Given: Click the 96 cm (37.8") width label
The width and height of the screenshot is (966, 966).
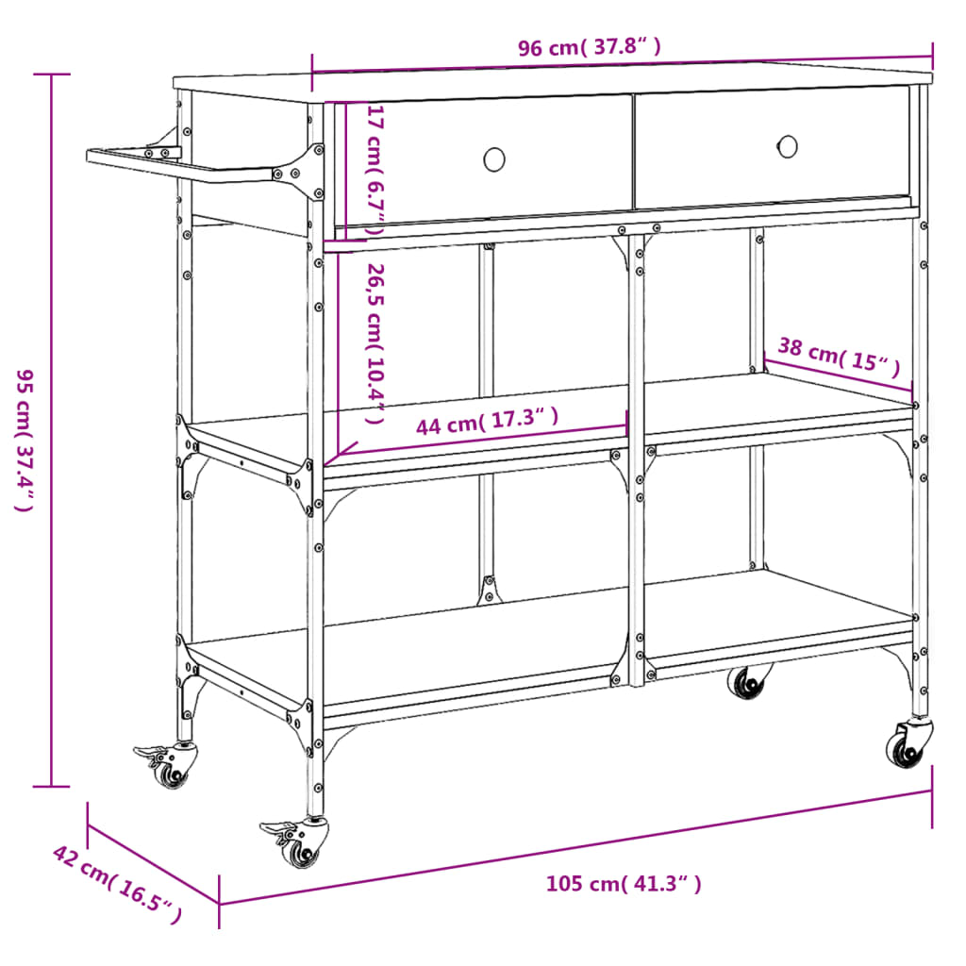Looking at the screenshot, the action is click(589, 47).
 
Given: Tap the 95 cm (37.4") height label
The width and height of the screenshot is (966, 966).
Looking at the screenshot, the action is click(24, 440).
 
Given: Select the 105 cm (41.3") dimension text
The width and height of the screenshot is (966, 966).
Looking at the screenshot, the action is click(624, 884).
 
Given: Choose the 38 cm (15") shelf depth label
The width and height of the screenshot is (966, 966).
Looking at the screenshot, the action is click(839, 356).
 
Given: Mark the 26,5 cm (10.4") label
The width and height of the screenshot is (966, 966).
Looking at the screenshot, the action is click(375, 343).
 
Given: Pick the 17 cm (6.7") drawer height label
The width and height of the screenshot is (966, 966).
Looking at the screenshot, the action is click(375, 170).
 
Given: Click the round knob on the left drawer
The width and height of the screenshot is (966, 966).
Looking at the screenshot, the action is click(494, 159).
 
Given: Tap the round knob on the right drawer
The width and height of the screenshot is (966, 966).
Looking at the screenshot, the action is click(788, 146).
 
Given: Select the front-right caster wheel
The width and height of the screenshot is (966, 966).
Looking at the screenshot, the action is click(909, 743).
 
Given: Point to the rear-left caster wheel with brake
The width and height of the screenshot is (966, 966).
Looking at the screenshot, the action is click(167, 764).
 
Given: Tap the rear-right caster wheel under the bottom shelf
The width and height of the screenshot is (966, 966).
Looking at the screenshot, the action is click(748, 681).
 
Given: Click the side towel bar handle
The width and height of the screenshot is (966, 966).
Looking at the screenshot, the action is click(178, 165).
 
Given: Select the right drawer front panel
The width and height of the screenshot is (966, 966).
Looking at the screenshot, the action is click(772, 148).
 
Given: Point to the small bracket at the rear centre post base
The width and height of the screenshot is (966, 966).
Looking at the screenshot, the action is click(490, 591).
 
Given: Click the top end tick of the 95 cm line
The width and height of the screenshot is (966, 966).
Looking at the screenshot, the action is click(52, 74).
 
